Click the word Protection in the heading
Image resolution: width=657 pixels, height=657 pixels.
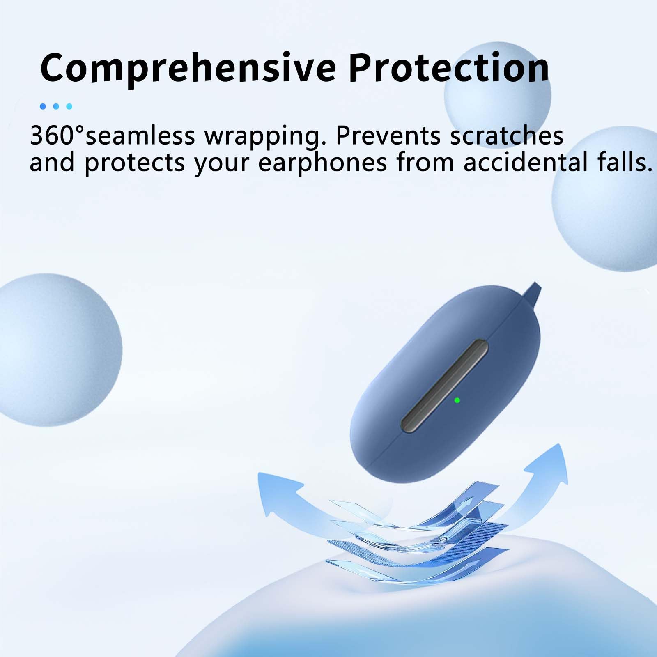point(449,67)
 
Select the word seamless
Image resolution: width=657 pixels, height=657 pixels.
point(140,135)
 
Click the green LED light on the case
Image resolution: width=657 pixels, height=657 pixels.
point(457,400)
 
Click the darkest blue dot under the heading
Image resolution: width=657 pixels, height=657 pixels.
point(43,106)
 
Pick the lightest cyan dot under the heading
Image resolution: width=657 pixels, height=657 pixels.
point(69,106)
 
